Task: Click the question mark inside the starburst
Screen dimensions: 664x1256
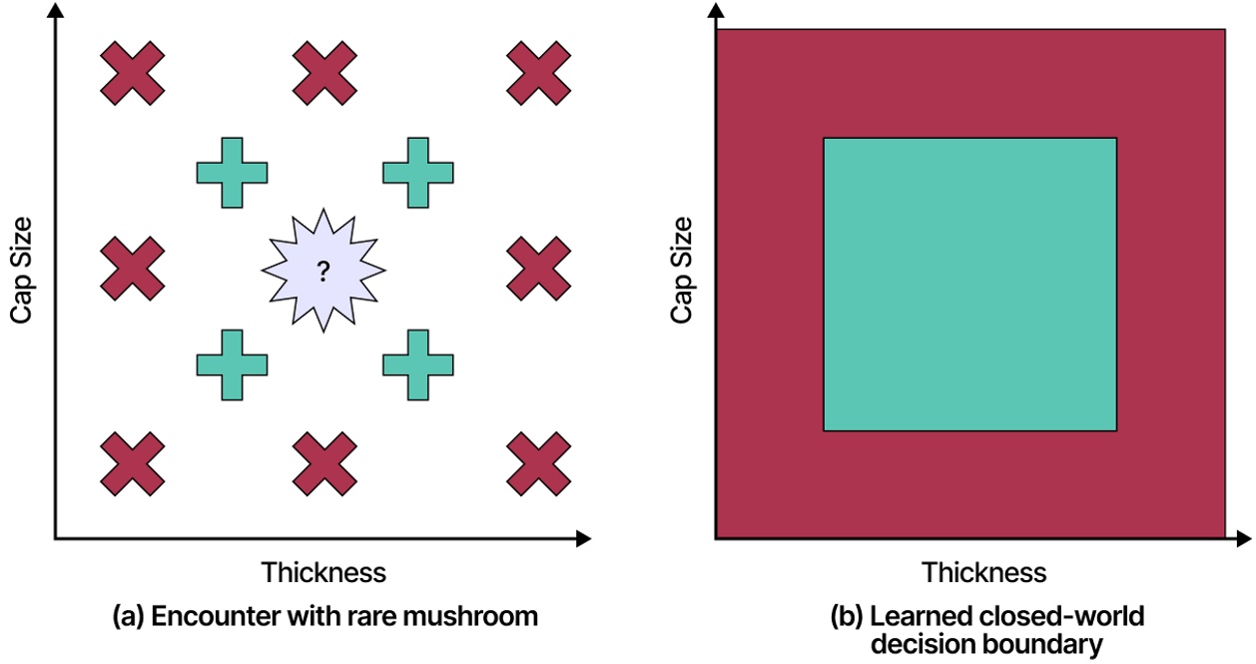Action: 322,271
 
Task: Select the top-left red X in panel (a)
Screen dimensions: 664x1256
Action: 132,73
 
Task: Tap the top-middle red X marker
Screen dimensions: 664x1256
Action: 325,73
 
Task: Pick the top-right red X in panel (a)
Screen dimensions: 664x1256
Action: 538,73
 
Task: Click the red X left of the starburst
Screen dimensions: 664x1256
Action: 132,269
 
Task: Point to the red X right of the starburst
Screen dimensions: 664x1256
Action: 538,269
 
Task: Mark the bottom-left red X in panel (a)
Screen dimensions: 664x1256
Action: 132,463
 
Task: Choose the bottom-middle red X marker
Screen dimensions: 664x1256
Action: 325,463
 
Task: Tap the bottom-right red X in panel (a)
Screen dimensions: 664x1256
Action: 538,463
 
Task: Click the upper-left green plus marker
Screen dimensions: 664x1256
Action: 232,172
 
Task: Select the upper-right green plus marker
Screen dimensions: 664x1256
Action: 418,172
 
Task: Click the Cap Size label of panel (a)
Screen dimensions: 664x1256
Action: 22,270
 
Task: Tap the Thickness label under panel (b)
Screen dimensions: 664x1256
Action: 983,572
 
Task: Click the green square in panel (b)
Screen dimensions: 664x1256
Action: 969,285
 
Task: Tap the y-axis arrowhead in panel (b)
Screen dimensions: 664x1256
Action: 715,11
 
